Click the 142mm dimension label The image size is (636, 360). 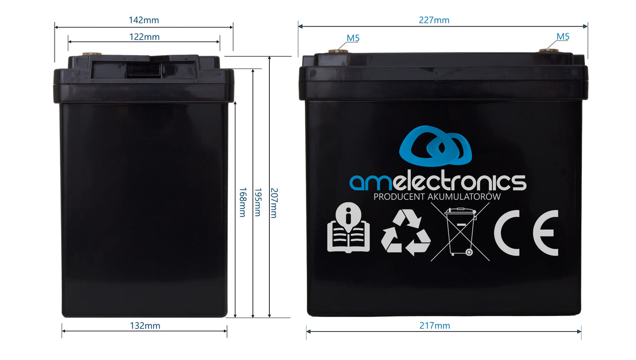[x=144, y=20]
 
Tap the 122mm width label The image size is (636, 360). [x=144, y=37]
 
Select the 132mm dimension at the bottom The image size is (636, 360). [x=145, y=326]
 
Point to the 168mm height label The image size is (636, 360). [x=242, y=202]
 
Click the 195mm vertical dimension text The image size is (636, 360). [x=258, y=202]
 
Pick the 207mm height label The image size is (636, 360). [x=273, y=203]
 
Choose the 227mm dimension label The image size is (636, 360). [x=434, y=20]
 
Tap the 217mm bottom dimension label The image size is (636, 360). [x=435, y=326]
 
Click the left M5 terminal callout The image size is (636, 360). [x=353, y=38]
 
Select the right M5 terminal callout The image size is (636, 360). [x=563, y=37]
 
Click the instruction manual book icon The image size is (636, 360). [x=348, y=227]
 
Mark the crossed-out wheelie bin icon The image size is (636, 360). [x=460, y=232]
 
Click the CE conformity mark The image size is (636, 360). [x=526, y=233]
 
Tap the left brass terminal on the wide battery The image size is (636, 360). [x=339, y=51]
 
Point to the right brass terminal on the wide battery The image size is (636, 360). [x=549, y=51]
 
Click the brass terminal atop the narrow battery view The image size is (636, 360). [x=92, y=54]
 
